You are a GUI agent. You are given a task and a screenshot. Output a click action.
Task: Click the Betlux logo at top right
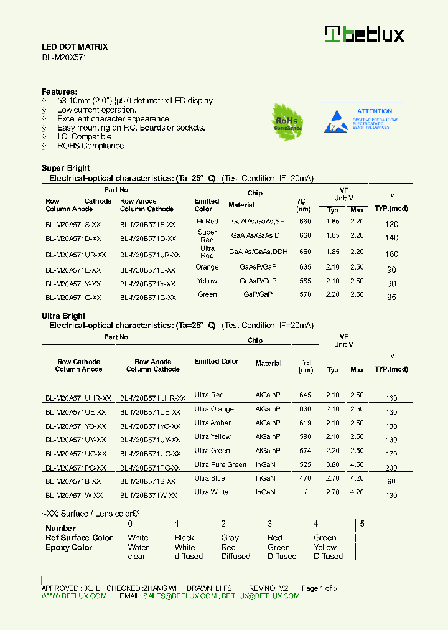pyautogui.click(x=365, y=34)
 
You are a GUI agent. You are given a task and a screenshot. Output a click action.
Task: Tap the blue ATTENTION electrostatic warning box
pyautogui.click(x=361, y=120)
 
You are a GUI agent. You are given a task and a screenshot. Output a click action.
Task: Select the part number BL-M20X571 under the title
pyautogui.click(x=64, y=57)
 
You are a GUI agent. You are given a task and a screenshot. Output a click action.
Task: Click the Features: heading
pyautogui.click(x=59, y=92)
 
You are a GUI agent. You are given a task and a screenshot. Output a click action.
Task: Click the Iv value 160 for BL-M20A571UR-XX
pyautogui.click(x=391, y=254)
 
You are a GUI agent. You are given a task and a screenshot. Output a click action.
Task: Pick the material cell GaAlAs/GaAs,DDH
pyautogui.click(x=258, y=252)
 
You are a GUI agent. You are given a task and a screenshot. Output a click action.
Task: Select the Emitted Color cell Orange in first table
pyautogui.click(x=207, y=267)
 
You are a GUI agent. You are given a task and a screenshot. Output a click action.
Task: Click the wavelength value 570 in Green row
pyautogui.click(x=305, y=294)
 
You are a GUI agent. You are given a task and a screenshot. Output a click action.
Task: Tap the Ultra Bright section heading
pyautogui.click(x=63, y=316)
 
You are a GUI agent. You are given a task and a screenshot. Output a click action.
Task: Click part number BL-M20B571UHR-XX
pyautogui.click(x=152, y=398)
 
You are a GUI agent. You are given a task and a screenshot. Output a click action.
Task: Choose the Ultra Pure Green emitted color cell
pyautogui.click(x=220, y=464)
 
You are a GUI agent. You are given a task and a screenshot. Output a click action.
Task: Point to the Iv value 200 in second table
pyautogui.click(x=391, y=468)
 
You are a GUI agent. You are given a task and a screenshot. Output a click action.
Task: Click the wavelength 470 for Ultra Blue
pyautogui.click(x=305, y=478)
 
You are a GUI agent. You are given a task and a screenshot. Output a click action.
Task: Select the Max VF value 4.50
pyautogui.click(x=357, y=464)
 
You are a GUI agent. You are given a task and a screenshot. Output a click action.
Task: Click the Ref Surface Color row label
pyautogui.click(x=79, y=538)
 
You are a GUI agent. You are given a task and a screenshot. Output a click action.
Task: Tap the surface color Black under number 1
pyautogui.click(x=184, y=538)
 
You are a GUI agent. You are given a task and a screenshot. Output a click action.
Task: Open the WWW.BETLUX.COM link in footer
pyautogui.click(x=74, y=596)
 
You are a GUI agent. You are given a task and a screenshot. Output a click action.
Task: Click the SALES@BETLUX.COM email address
pyautogui.click(x=180, y=596)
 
